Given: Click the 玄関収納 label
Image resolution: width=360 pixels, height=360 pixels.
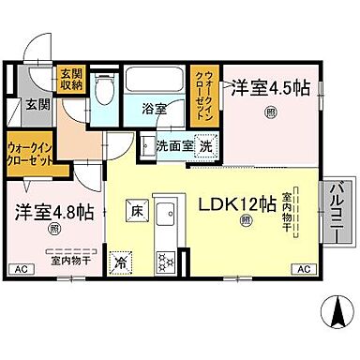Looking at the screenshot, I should [x=71, y=80].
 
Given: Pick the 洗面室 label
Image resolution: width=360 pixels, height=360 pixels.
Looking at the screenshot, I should [x=169, y=146].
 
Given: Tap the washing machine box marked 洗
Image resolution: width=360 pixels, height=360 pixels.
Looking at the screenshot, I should [x=204, y=146].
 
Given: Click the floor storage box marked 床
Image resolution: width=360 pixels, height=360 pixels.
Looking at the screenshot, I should [x=135, y=212].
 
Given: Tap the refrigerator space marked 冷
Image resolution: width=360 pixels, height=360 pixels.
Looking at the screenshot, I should [x=120, y=262].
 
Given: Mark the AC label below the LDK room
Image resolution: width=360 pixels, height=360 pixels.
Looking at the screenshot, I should [x=303, y=270].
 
